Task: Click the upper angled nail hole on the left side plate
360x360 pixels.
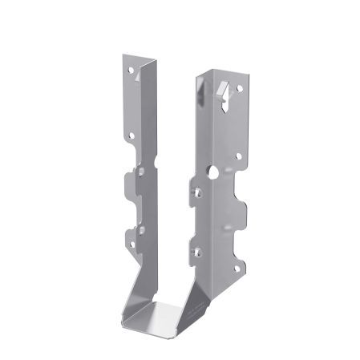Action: [x=141, y=170]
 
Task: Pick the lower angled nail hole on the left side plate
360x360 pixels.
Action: [x=140, y=229]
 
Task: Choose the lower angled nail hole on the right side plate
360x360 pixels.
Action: [x=195, y=252]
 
